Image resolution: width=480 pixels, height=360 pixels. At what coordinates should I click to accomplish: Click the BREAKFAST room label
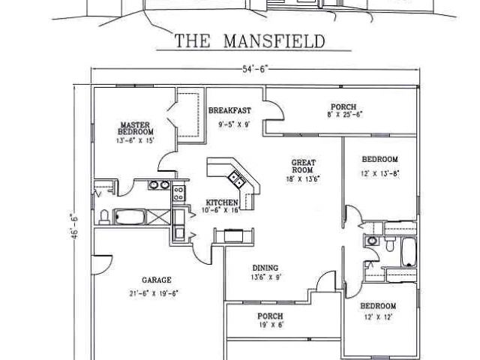tap(229, 109)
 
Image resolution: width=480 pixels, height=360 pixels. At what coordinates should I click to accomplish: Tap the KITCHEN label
tap(222, 203)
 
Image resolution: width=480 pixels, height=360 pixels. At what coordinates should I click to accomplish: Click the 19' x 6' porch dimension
tap(270, 325)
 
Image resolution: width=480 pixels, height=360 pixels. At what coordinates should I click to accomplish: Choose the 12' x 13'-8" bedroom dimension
tap(379, 173)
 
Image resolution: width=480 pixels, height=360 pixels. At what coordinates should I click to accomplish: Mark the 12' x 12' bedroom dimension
tap(378, 317)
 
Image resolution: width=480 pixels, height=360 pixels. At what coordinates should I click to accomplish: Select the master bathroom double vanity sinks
tap(158, 184)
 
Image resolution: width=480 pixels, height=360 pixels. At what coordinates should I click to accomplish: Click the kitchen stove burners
tap(178, 193)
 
